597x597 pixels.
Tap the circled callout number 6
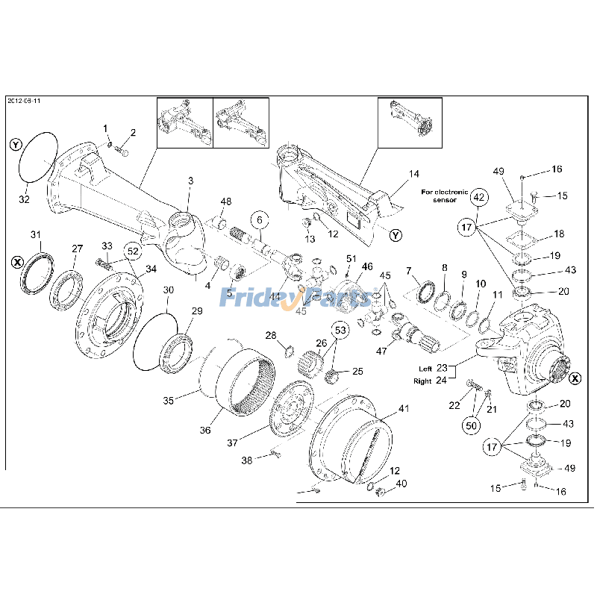(x=258, y=220)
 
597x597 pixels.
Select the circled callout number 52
(x=131, y=251)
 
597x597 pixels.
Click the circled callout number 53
(x=340, y=329)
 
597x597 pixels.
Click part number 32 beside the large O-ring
(x=25, y=200)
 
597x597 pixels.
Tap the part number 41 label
(x=404, y=408)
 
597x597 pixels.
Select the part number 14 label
(x=413, y=174)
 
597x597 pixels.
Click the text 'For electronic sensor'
(x=445, y=196)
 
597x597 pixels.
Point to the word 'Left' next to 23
(x=425, y=369)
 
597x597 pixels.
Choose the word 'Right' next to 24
(x=423, y=381)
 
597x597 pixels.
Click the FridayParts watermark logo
(x=296, y=298)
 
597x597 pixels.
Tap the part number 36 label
(x=205, y=430)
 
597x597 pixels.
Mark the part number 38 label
(x=246, y=461)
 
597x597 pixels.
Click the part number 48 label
(x=225, y=201)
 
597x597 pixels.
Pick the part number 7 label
(x=408, y=270)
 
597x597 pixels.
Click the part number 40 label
(x=401, y=484)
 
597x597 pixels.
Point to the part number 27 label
(x=77, y=249)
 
